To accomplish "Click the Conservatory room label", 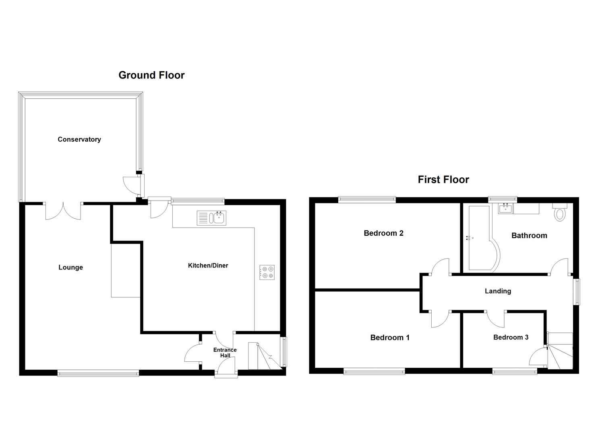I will click(79, 139).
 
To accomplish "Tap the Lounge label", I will click(70, 267).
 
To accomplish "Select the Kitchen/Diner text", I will click(208, 265).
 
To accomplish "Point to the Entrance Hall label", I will click(225, 352).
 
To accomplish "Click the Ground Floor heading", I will click(151, 75).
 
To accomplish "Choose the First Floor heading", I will click(443, 179).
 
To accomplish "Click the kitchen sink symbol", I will click(212, 218).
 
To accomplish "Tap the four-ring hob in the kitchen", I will click(267, 272).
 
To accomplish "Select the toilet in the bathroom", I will click(560, 212).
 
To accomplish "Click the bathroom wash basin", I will click(505, 209).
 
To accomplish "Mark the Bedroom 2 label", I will click(383, 233).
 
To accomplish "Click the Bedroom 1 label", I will click(389, 338).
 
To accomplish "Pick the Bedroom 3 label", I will click(511, 337).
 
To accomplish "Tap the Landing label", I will click(498, 291).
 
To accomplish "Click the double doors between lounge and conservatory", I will click(63, 211).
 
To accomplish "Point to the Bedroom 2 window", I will click(367, 199).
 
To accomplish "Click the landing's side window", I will click(577, 292).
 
